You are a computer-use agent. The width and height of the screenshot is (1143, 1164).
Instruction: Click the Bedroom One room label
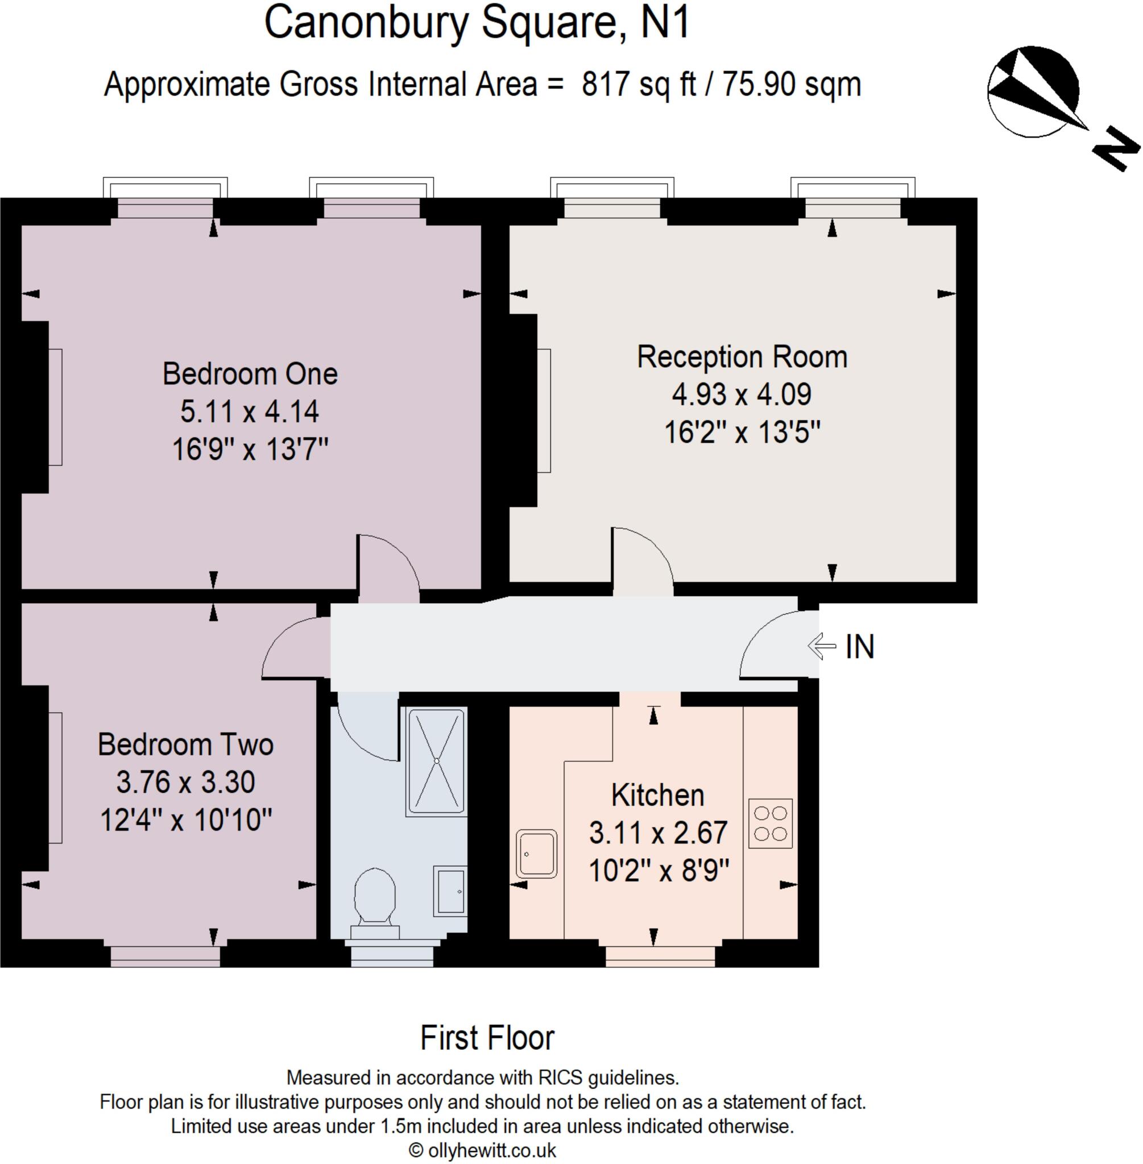(x=250, y=374)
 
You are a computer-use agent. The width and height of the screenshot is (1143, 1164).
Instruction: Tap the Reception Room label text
(x=742, y=357)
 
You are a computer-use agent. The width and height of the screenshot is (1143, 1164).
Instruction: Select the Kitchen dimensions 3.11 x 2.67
(x=658, y=833)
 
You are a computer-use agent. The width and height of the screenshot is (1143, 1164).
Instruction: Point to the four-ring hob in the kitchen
(x=770, y=823)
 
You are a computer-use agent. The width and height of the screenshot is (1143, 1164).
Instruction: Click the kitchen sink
(x=536, y=853)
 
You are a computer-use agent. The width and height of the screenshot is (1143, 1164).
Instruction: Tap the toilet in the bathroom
(x=375, y=897)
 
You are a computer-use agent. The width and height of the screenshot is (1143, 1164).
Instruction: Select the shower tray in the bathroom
(x=436, y=761)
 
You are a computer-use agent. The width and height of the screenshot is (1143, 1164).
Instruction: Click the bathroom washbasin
(x=450, y=891)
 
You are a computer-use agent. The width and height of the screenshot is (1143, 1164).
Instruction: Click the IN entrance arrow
(x=822, y=646)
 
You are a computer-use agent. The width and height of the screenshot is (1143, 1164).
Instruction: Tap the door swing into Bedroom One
(x=387, y=567)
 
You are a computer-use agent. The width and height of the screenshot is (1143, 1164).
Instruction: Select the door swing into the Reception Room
(x=641, y=561)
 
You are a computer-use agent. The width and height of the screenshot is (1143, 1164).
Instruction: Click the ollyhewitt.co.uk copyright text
(x=483, y=1150)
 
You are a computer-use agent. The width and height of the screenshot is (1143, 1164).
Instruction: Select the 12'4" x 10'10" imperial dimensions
(x=185, y=819)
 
